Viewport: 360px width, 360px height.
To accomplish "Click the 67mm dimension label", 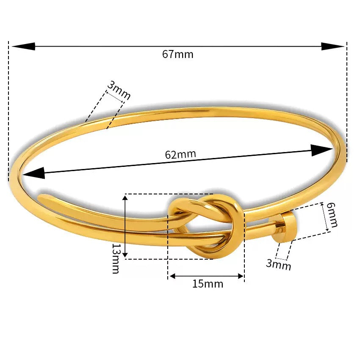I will [x=177, y=54].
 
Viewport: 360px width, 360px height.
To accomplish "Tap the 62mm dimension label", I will [x=180, y=154].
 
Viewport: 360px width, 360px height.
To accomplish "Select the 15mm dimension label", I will [x=208, y=284].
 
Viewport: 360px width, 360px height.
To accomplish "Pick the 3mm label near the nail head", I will [x=279, y=264].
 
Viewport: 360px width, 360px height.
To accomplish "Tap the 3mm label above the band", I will [x=118, y=91].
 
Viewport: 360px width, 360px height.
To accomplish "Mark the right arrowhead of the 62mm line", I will [x=321, y=150].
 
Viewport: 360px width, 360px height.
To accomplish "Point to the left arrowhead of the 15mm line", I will [x=172, y=277].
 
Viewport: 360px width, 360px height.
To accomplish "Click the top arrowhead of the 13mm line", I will [x=125, y=200].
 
